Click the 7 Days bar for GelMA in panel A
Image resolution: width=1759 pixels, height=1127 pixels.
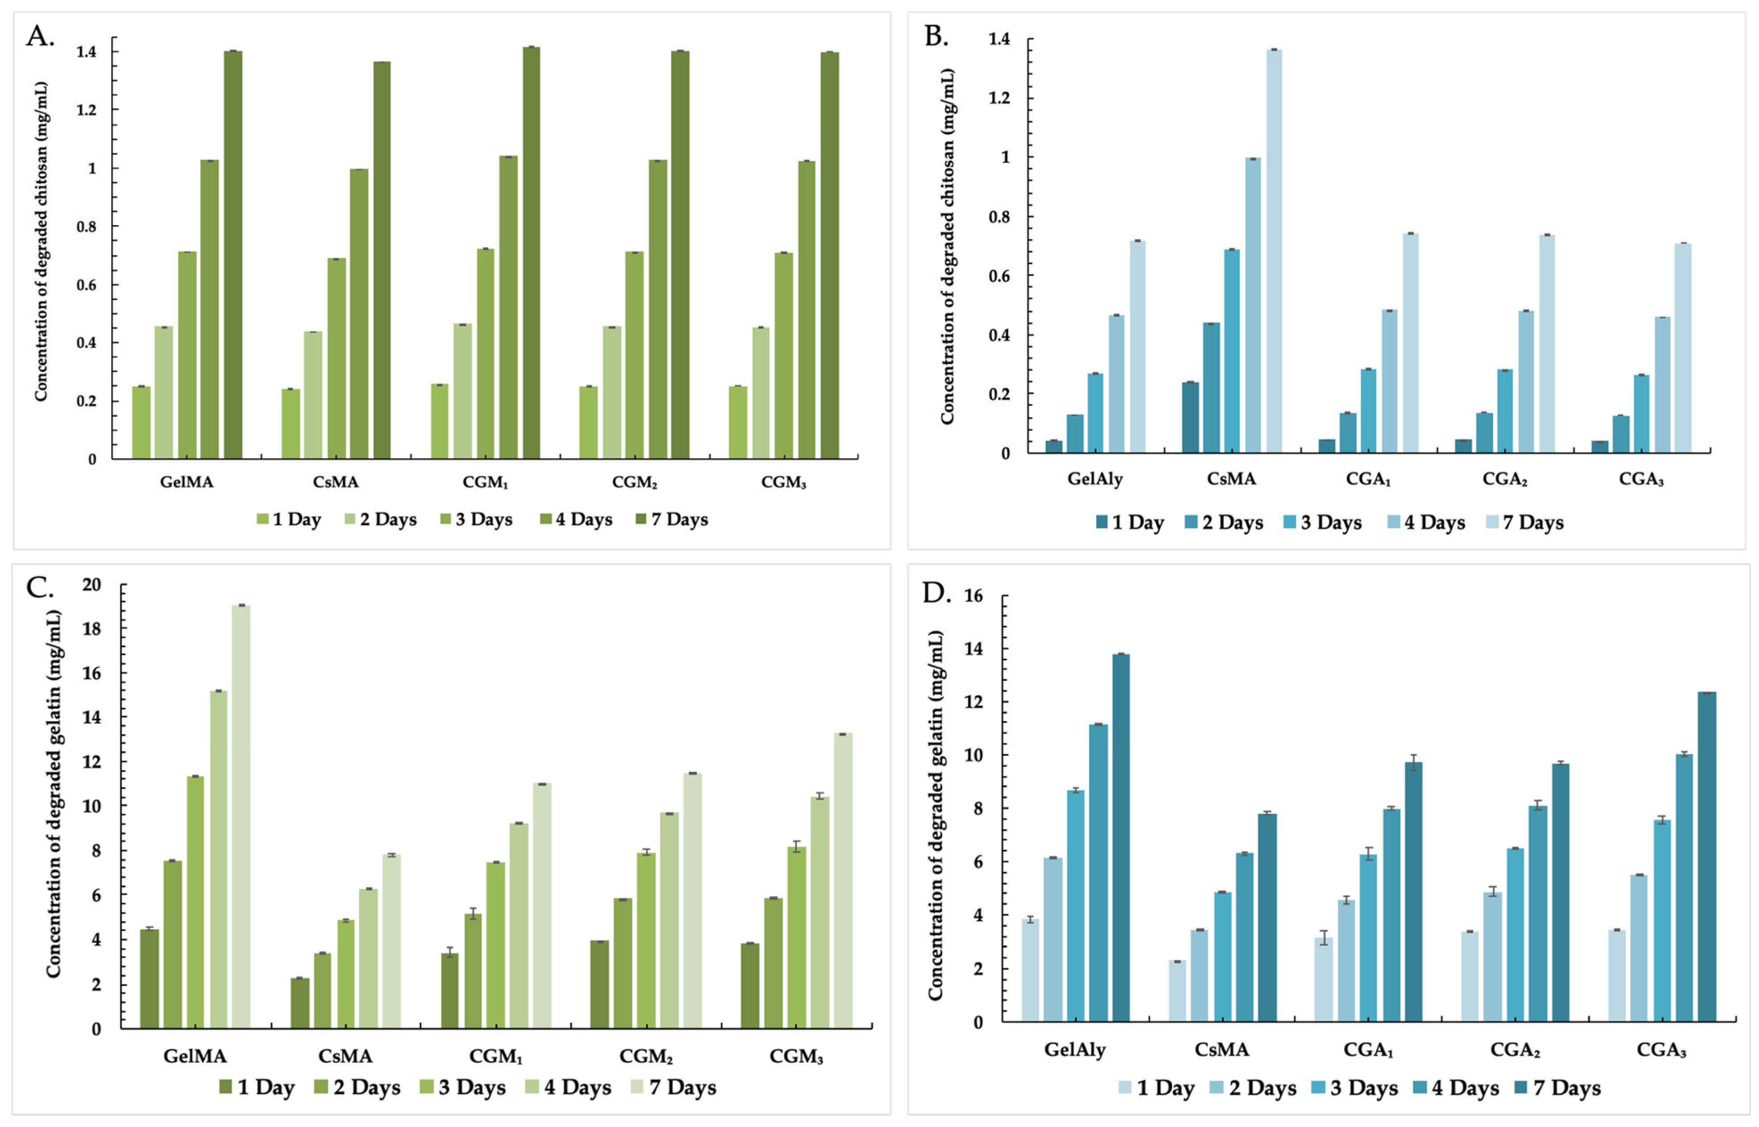[x=233, y=254]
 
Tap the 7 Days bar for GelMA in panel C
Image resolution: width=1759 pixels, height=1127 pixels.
[x=241, y=817]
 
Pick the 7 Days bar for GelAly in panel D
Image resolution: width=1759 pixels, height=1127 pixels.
[x=1121, y=838]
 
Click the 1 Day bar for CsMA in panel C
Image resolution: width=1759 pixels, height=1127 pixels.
[x=300, y=1003]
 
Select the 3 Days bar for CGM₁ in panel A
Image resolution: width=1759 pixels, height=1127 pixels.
[x=485, y=354]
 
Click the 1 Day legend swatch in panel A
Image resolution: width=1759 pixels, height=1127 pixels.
[x=262, y=520]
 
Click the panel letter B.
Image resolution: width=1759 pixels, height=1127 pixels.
[x=937, y=36]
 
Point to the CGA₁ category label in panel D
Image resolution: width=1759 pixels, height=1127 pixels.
[x=1368, y=1050]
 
